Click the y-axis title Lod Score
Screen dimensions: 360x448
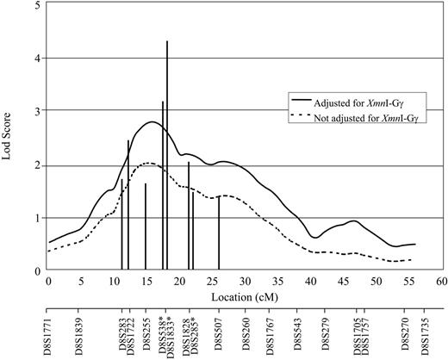pyautogui.click(x=9, y=138)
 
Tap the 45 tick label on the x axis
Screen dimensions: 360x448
pyautogui.click(x=343, y=281)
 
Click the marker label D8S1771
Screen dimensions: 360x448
pyautogui.click(x=49, y=332)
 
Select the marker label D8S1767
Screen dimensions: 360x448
pyautogui.click(x=271, y=332)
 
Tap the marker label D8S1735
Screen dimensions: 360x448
pyautogui.click(x=424, y=332)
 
